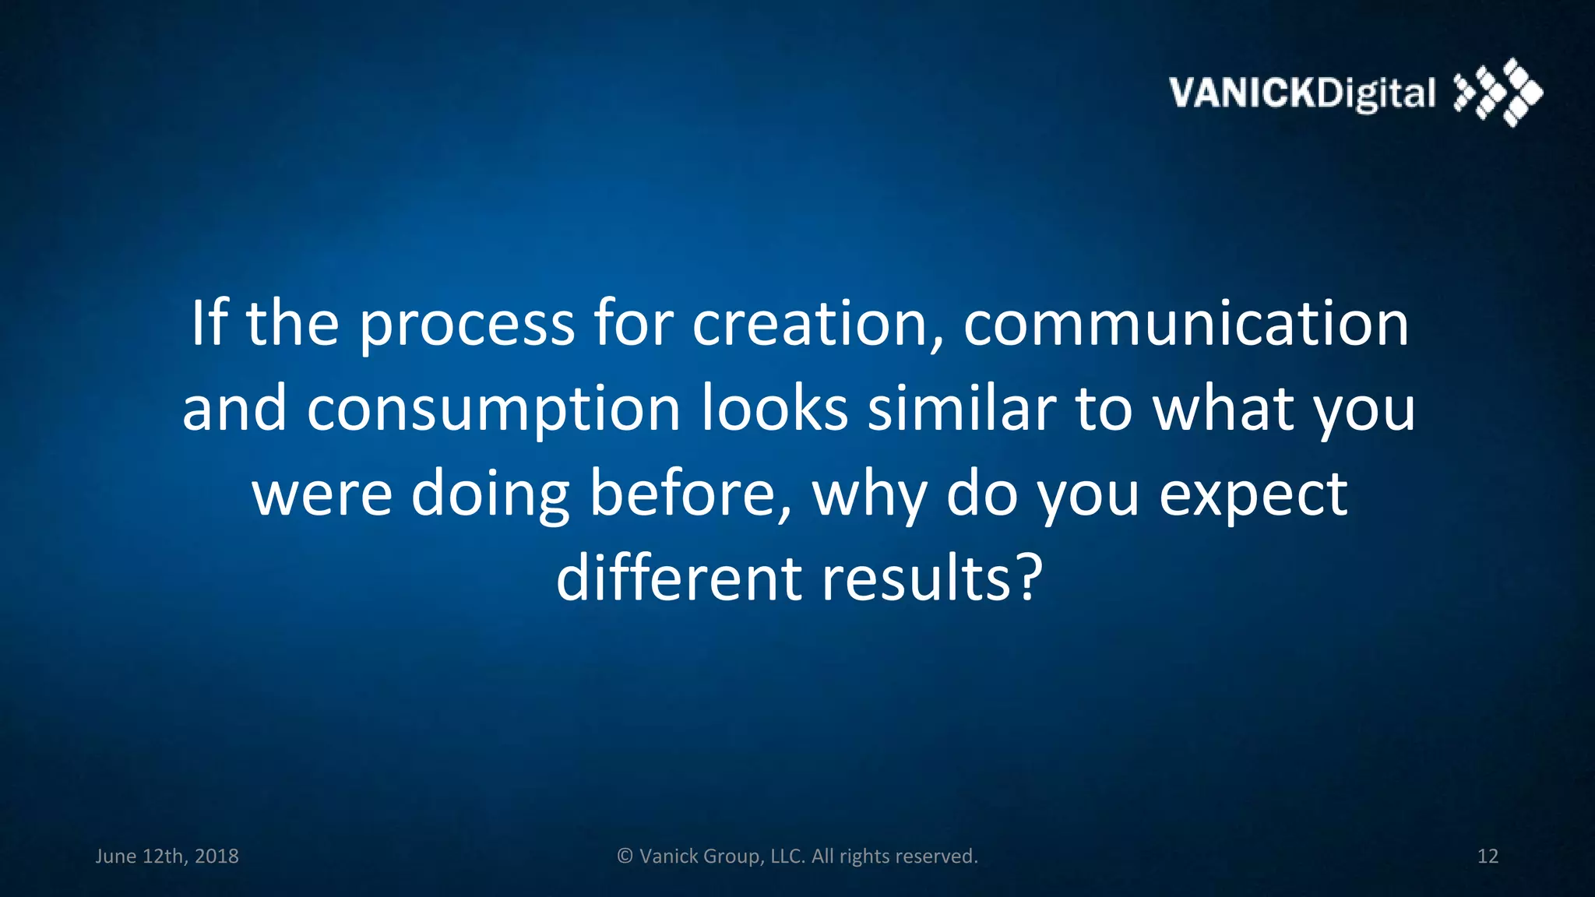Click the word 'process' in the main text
click(x=467, y=325)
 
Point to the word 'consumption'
click(x=494, y=410)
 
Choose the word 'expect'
click(x=1253, y=496)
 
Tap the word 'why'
click(x=870, y=496)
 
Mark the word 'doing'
click(x=490, y=496)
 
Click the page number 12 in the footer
click(x=1488, y=857)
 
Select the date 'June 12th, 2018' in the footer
click(x=167, y=857)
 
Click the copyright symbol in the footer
click(x=625, y=857)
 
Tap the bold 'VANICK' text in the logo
click(x=1242, y=93)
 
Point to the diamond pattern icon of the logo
click(x=1498, y=92)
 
